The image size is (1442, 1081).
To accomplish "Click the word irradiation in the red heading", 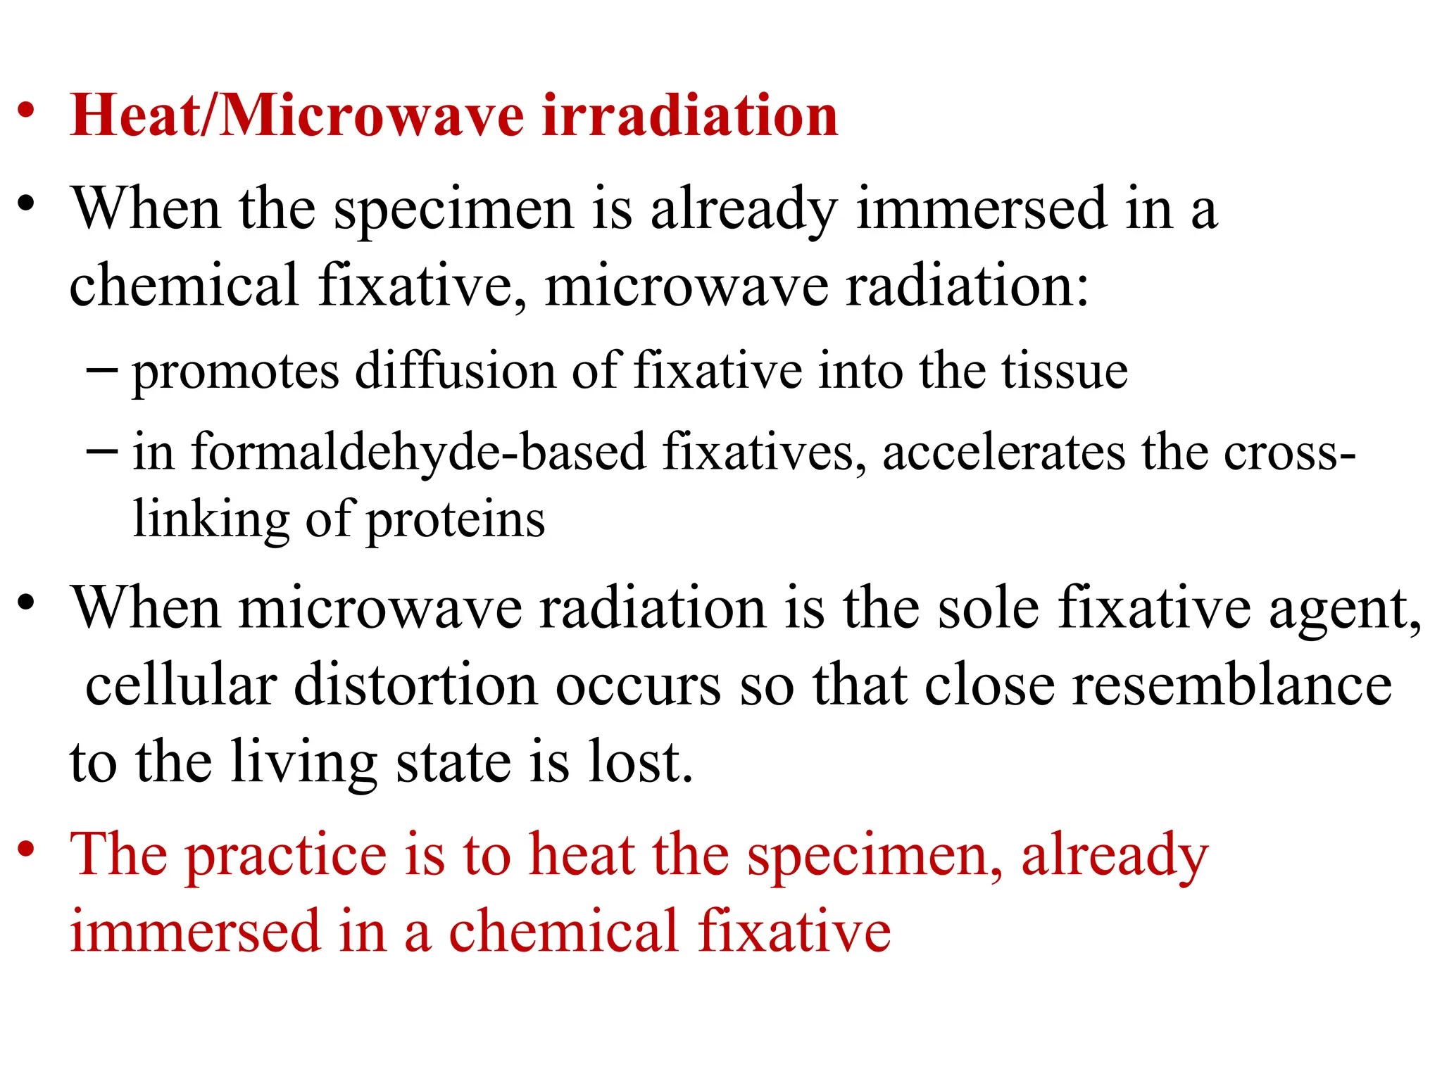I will coord(690,115).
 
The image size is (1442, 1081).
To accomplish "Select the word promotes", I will coord(236,372).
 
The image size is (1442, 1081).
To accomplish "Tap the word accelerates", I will coord(1003,453).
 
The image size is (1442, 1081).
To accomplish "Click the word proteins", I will coord(456,521).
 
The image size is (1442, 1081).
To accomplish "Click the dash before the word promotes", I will coord(101,369).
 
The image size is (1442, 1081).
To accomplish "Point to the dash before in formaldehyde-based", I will coord(101,450).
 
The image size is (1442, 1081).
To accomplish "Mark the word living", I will coord(304,763).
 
